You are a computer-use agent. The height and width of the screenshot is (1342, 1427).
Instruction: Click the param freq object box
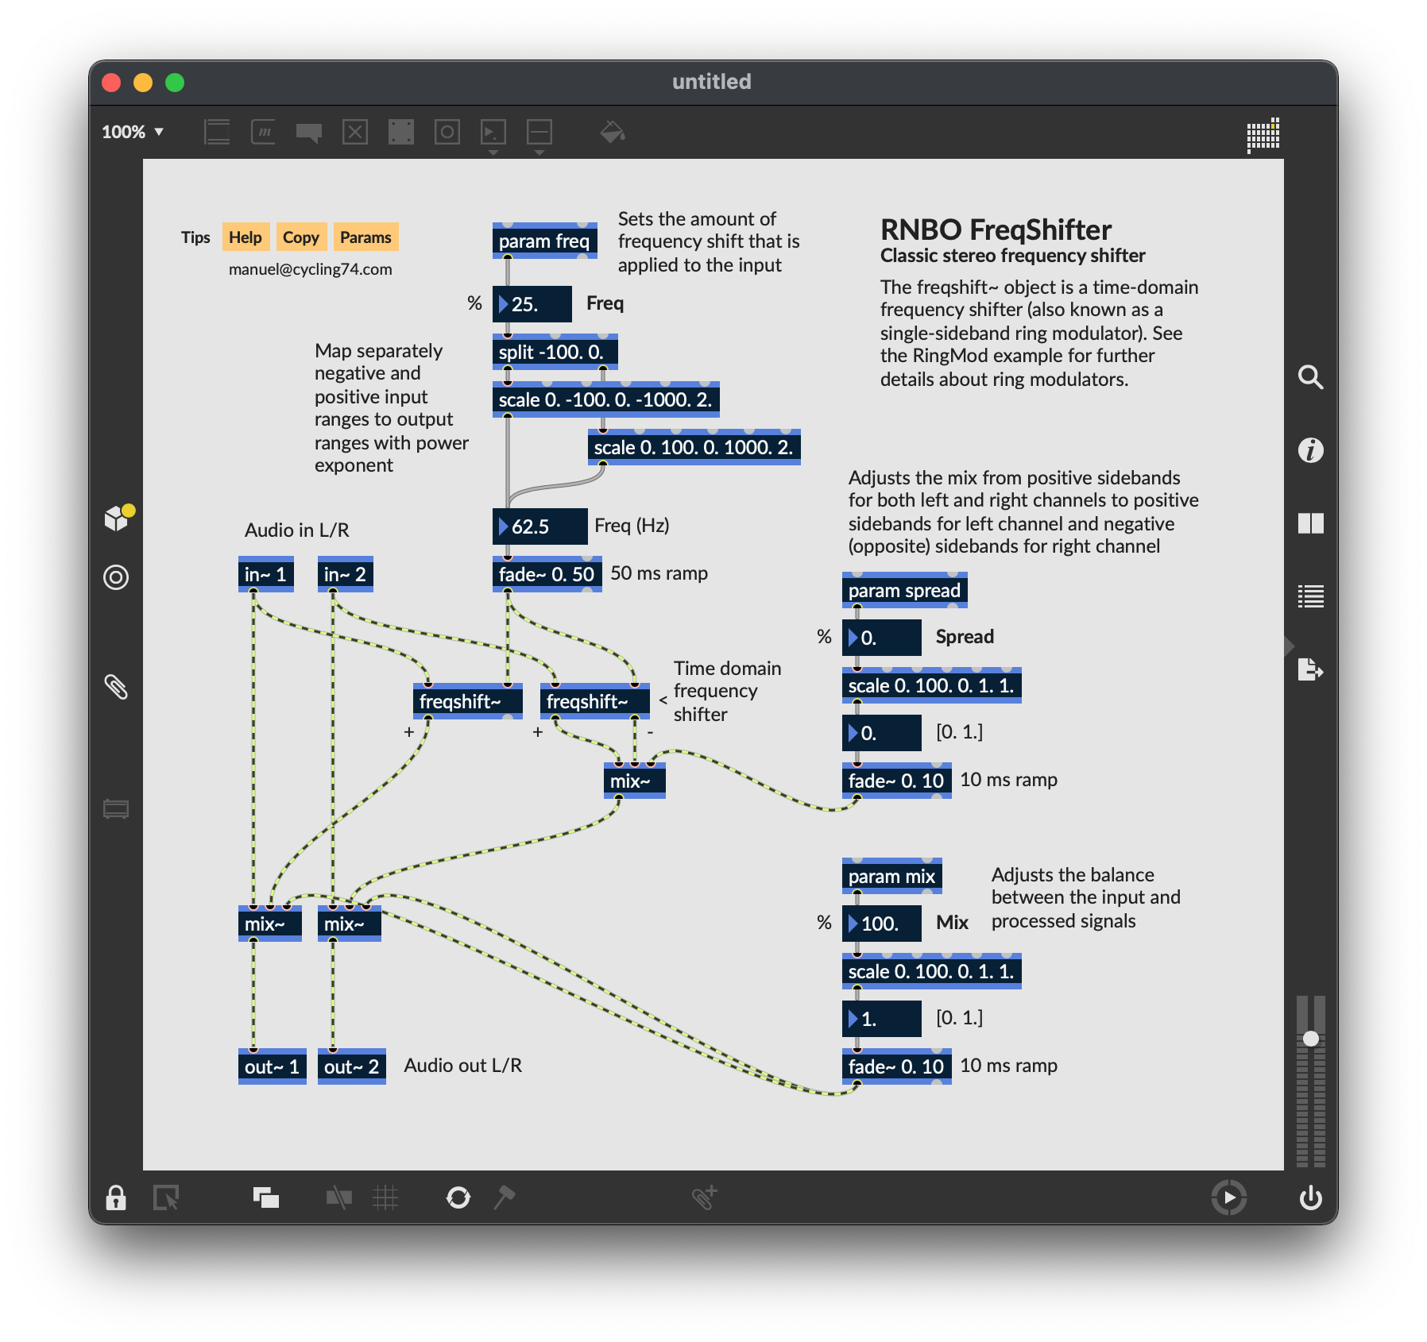(544, 241)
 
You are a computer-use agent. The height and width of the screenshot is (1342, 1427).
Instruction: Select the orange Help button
(246, 237)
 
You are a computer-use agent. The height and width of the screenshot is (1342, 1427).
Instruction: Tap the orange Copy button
(301, 237)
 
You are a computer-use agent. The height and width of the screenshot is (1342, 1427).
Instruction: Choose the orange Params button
(365, 237)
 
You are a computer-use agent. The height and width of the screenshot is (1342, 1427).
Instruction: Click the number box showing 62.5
(539, 526)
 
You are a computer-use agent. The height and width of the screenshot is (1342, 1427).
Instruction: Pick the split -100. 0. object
(555, 352)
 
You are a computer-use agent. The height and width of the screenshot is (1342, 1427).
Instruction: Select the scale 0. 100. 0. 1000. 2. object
(694, 447)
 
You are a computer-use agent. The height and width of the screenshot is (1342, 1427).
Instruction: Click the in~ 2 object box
(345, 574)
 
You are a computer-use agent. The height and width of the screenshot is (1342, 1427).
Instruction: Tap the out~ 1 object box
(272, 1066)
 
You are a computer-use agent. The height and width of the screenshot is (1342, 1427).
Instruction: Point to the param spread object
(904, 590)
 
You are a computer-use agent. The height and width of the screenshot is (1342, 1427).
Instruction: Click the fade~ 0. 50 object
(547, 574)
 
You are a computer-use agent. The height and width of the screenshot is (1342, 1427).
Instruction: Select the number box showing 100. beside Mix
(881, 924)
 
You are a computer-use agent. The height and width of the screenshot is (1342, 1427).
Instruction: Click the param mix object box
(891, 876)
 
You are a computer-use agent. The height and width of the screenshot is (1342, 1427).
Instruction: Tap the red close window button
(111, 83)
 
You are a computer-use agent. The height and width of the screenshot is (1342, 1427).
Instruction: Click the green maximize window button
(175, 83)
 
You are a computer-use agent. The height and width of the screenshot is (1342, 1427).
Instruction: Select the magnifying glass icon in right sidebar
(1310, 377)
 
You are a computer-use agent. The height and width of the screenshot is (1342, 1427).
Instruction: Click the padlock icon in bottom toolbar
(116, 1197)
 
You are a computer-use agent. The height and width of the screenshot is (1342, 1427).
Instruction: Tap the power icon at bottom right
(1310, 1197)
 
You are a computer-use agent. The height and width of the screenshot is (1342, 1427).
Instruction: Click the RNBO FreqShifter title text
(996, 229)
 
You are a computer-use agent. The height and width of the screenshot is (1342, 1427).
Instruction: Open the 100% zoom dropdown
(133, 132)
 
